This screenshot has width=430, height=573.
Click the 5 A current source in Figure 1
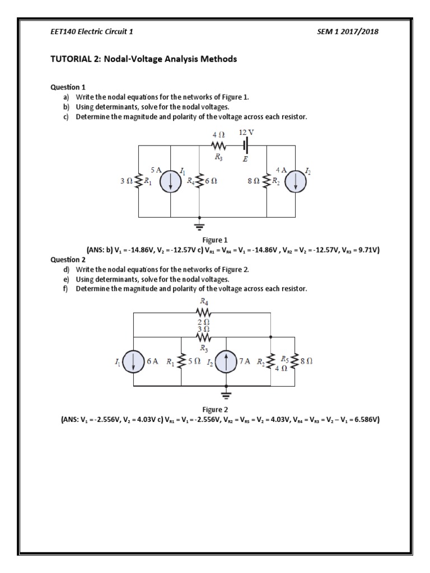pyautogui.click(x=170, y=181)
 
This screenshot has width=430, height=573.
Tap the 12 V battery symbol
pyautogui.click(x=246, y=145)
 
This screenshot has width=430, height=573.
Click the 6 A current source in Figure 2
pyautogui.click(x=134, y=362)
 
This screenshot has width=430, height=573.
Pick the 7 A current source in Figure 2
pyautogui.click(x=226, y=362)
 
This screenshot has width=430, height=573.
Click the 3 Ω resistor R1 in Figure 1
pyautogui.click(x=138, y=181)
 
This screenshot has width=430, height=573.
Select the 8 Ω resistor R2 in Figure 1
pyautogui.click(x=268, y=181)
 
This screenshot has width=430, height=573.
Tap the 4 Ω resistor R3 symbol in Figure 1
pyautogui.click(x=218, y=145)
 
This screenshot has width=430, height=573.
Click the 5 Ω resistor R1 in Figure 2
pyautogui.click(x=181, y=362)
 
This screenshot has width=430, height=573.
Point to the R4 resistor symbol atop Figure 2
pyautogui.click(x=203, y=313)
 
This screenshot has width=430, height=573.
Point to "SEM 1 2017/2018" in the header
pyautogui.click(x=348, y=32)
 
